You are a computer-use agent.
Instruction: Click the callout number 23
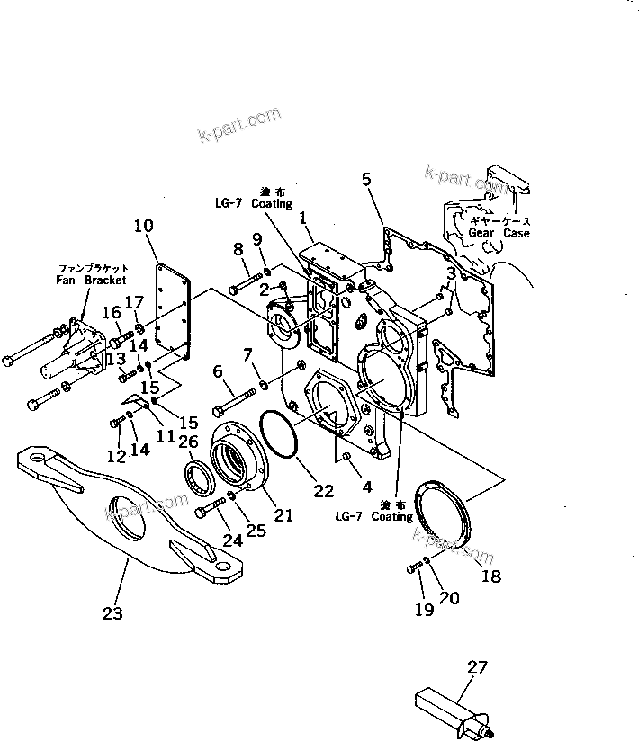click(x=112, y=613)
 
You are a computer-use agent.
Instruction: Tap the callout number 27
click(x=479, y=667)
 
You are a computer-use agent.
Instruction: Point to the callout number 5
click(x=365, y=179)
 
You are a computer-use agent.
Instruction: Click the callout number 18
click(x=490, y=576)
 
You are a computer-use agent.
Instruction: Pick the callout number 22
click(x=324, y=491)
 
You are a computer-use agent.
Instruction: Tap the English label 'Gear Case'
click(x=499, y=232)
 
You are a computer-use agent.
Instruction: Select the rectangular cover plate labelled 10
click(x=172, y=310)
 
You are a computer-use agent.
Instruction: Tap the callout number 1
click(x=303, y=217)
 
